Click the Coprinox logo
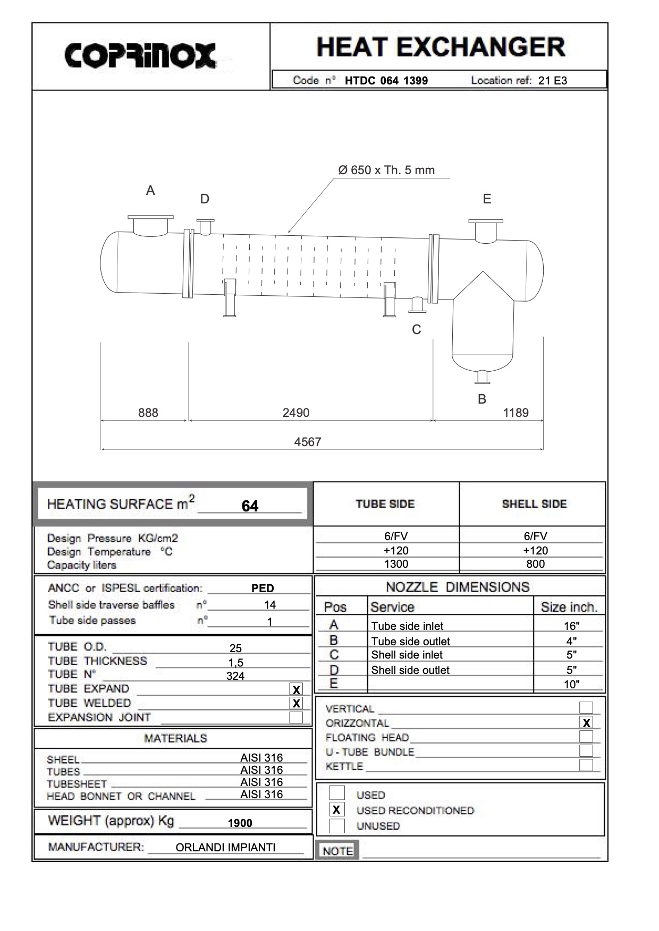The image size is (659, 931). pos(140,55)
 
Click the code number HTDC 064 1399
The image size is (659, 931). pos(386,81)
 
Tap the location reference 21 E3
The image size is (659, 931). pos(552,81)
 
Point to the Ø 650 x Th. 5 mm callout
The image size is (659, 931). pos(386,170)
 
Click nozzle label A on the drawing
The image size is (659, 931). pos(150,191)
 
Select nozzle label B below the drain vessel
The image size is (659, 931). pos(482,399)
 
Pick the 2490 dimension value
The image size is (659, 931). pos(296,413)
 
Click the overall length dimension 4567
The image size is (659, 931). pos(308,442)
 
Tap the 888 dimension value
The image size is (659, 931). pos(148,413)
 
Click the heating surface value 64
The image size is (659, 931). pos(250,506)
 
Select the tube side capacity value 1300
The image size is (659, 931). pos(396,564)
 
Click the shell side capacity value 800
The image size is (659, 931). pos(535,564)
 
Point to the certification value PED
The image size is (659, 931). pos(263,588)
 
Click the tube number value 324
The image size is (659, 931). pos(235,676)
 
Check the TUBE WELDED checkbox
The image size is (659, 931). pos(296,703)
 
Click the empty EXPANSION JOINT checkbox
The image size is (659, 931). pos(296,718)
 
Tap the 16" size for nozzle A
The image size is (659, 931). pos(571,626)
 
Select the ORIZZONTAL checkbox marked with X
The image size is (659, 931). pos(586,723)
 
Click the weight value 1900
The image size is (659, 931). pos(240,823)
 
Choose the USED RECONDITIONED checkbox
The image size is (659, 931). pos(336,810)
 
